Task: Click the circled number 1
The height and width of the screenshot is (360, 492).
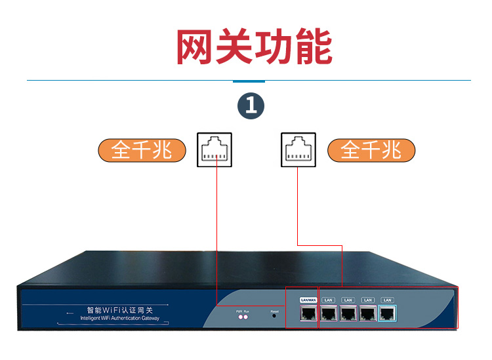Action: pos(251,106)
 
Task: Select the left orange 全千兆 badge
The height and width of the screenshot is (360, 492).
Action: pos(142,150)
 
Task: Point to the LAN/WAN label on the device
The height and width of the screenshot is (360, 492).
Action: pos(308,300)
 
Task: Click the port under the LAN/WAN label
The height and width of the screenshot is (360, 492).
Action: pos(308,313)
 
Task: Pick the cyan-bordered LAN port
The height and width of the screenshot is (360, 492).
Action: pos(388,313)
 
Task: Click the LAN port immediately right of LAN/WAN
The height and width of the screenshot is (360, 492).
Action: pos(328,313)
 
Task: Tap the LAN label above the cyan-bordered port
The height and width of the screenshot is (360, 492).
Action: pos(387,300)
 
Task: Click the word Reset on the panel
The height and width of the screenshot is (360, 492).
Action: pos(275,311)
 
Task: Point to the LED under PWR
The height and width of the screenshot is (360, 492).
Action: pos(240,317)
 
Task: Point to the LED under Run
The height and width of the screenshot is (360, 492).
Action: pos(247,317)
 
